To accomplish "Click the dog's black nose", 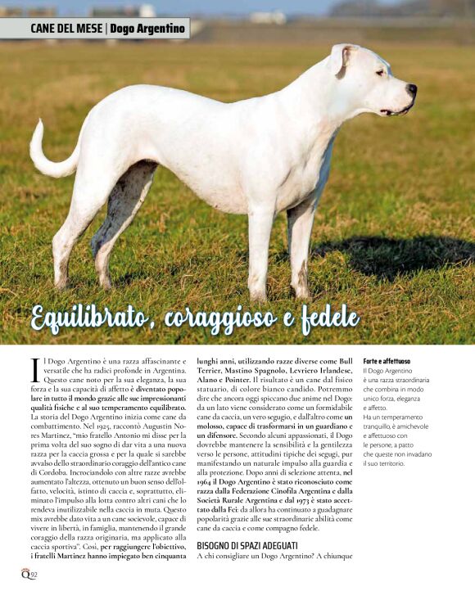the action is click(412, 88).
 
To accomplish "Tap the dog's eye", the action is click(380, 72).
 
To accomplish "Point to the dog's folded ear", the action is click(340, 60).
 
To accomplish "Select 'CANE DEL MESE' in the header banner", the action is click(66, 29).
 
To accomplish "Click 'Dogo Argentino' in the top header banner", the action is click(147, 29).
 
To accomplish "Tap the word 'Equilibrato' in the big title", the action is click(93, 318).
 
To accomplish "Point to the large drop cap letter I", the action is click(35, 368).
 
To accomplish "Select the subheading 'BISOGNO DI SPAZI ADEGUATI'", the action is click(247, 545).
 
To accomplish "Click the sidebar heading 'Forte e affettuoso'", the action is click(387, 361).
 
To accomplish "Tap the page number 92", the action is click(34, 573).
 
